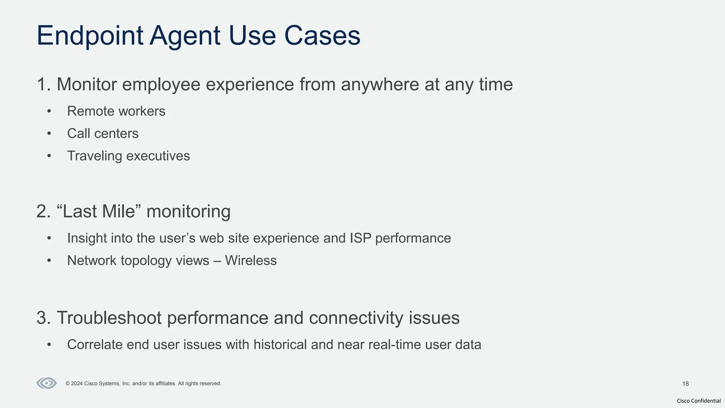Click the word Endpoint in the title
(90, 35)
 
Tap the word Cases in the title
(322, 35)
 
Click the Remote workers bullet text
(116, 111)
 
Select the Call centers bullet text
(103, 134)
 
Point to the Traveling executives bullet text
(129, 156)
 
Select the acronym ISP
(360, 238)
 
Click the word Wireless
(251, 261)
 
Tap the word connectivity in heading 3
(356, 318)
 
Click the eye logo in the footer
(47, 383)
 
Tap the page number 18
(685, 384)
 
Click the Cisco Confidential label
(698, 401)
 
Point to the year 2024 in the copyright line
(77, 384)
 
